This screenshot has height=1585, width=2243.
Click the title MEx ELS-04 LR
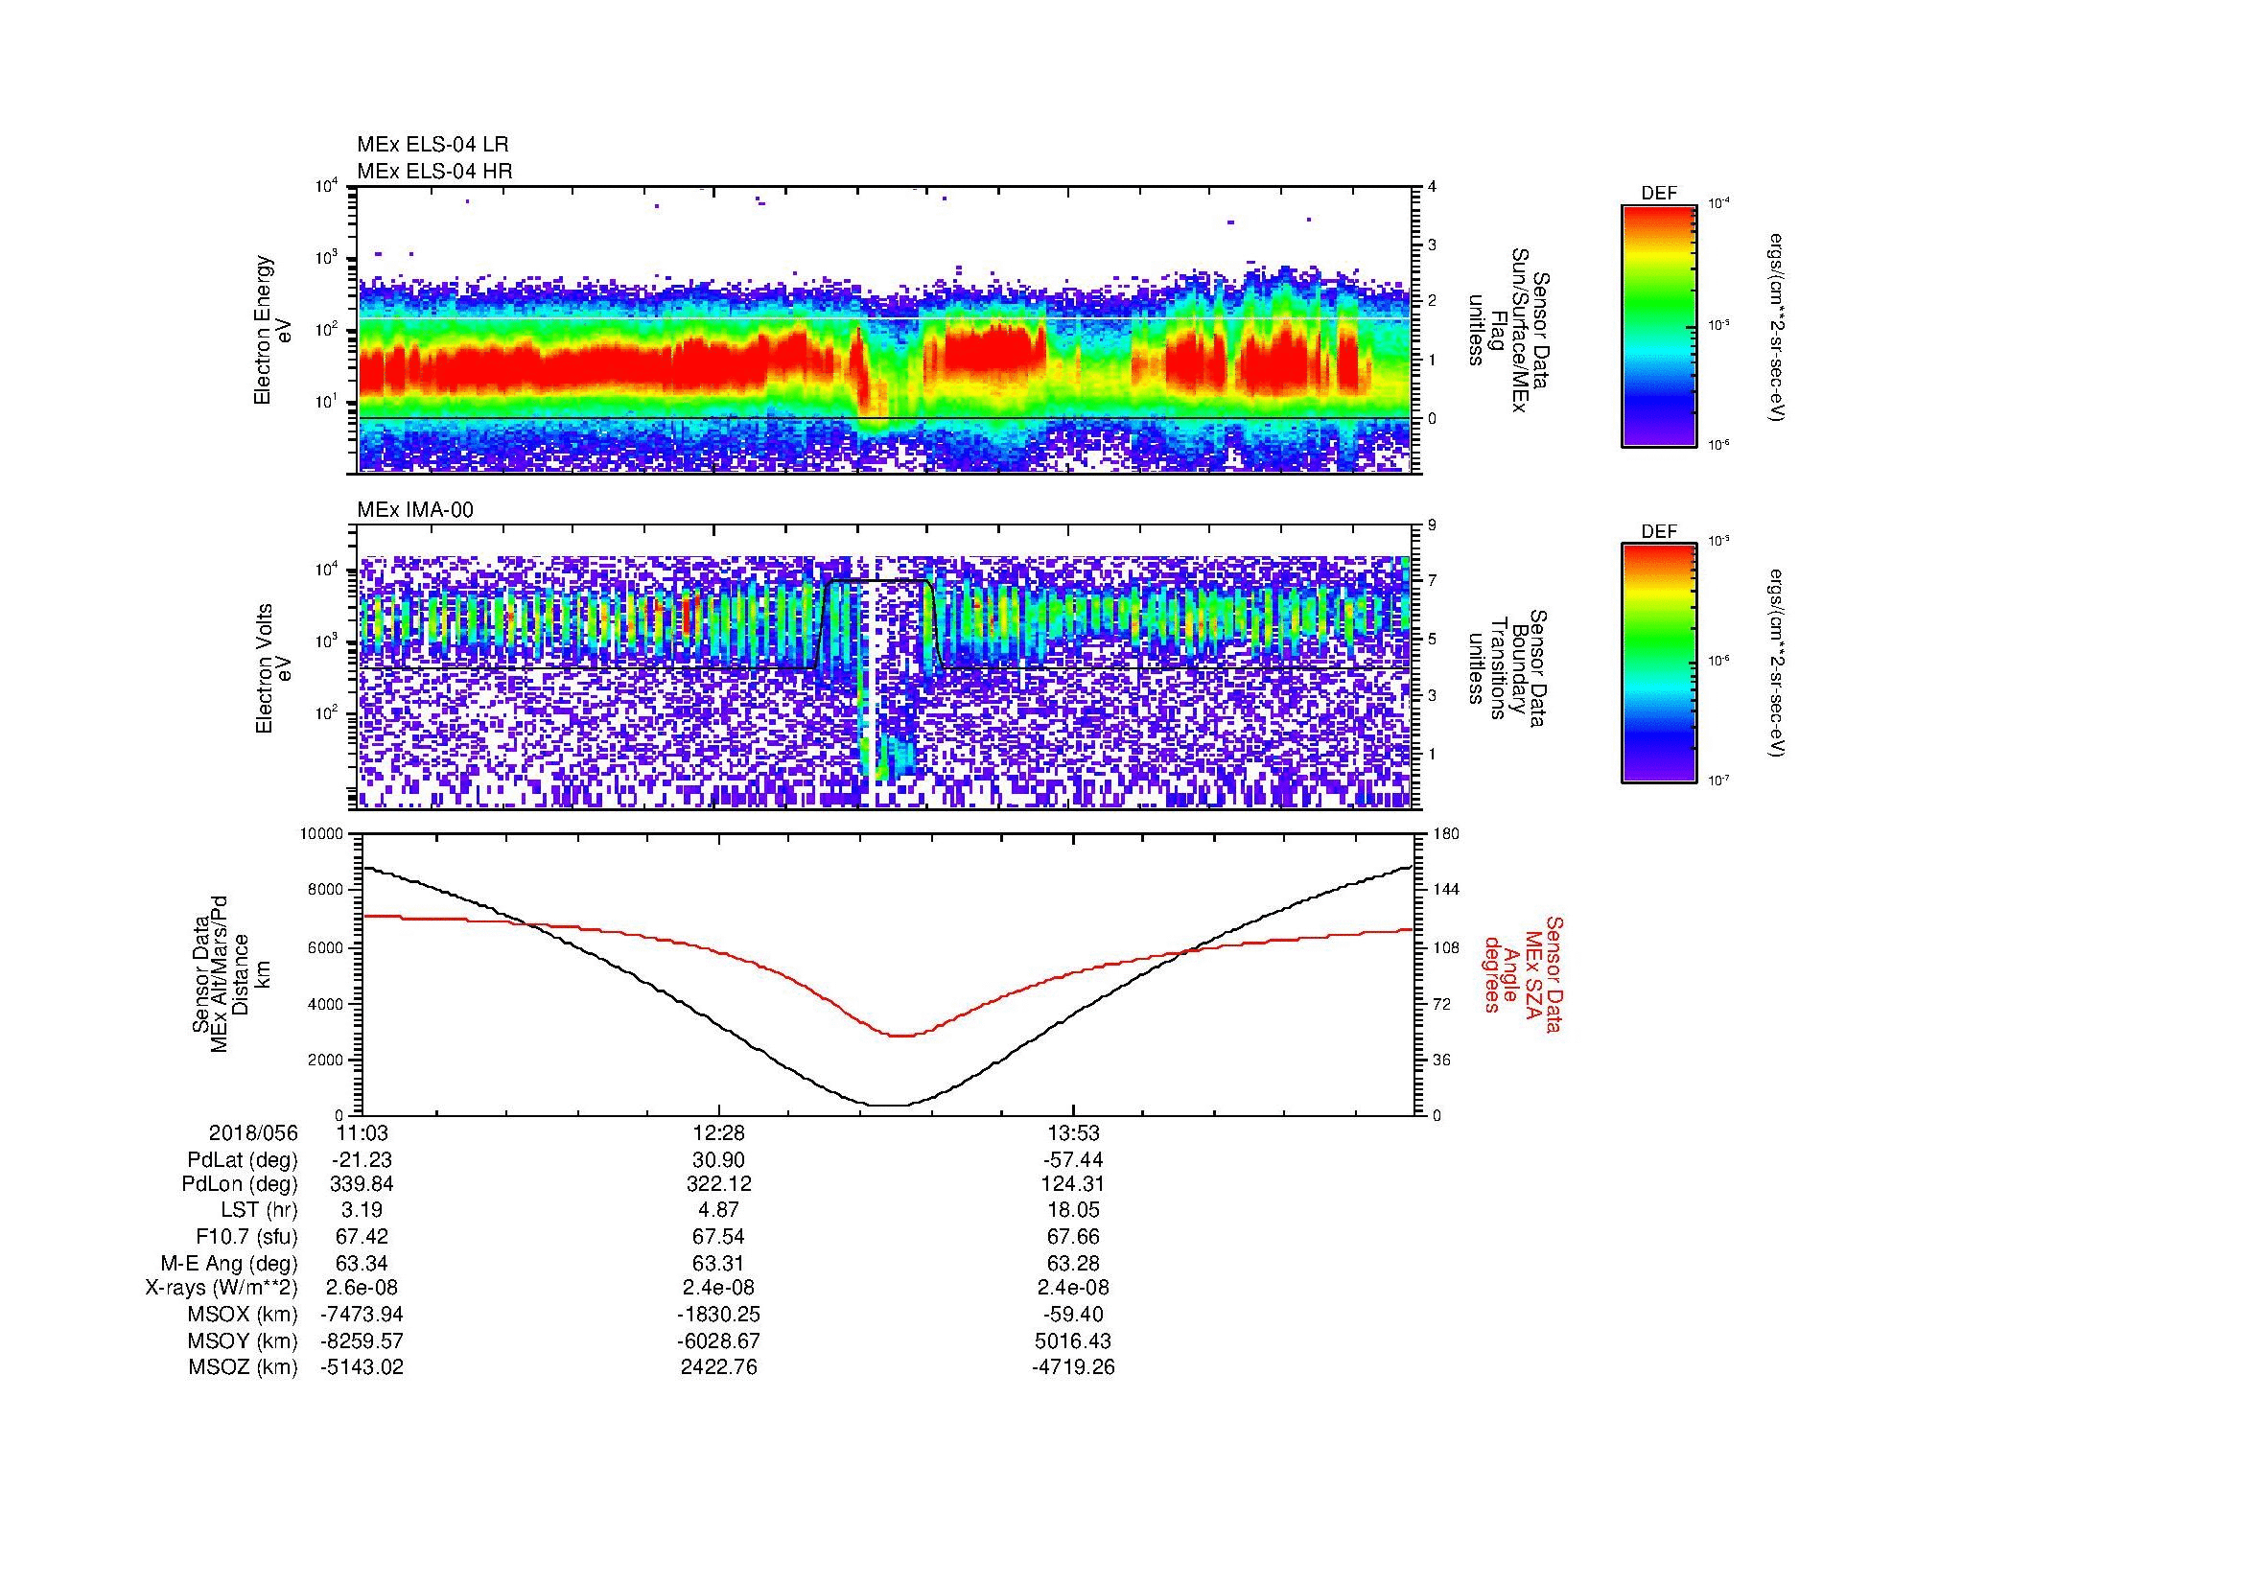pos(432,145)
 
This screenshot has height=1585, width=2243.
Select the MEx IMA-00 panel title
pos(415,510)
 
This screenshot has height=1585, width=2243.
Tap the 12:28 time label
pos(718,1132)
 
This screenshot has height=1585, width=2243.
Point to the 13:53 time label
pos(1073,1132)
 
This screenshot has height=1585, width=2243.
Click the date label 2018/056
pos(253,1132)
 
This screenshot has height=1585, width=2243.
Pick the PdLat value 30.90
pos(718,1160)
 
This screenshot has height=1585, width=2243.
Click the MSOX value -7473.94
pos(362,1315)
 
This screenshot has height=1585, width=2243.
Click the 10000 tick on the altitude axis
pos(321,834)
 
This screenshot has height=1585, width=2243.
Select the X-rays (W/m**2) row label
pos(221,1288)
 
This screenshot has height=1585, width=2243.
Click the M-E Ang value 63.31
pos(718,1263)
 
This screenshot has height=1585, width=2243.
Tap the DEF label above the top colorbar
pos(1658,194)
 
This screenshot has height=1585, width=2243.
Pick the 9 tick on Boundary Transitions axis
pos(1432,525)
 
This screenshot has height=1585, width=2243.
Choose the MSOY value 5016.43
pos(1073,1340)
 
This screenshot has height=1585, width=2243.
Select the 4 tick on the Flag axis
pos(1432,187)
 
